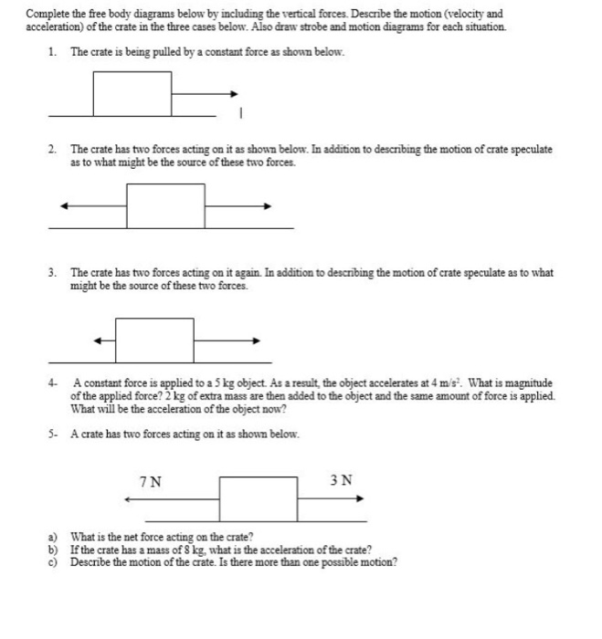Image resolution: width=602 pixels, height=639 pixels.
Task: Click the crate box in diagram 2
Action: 165,205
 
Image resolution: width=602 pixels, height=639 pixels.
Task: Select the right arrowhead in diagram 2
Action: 268,205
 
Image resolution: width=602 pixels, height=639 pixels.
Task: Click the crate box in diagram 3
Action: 155,340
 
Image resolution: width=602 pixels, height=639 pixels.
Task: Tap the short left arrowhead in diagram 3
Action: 96,340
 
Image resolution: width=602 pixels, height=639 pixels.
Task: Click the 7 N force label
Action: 152,481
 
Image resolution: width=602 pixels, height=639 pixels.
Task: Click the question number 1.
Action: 52,53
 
